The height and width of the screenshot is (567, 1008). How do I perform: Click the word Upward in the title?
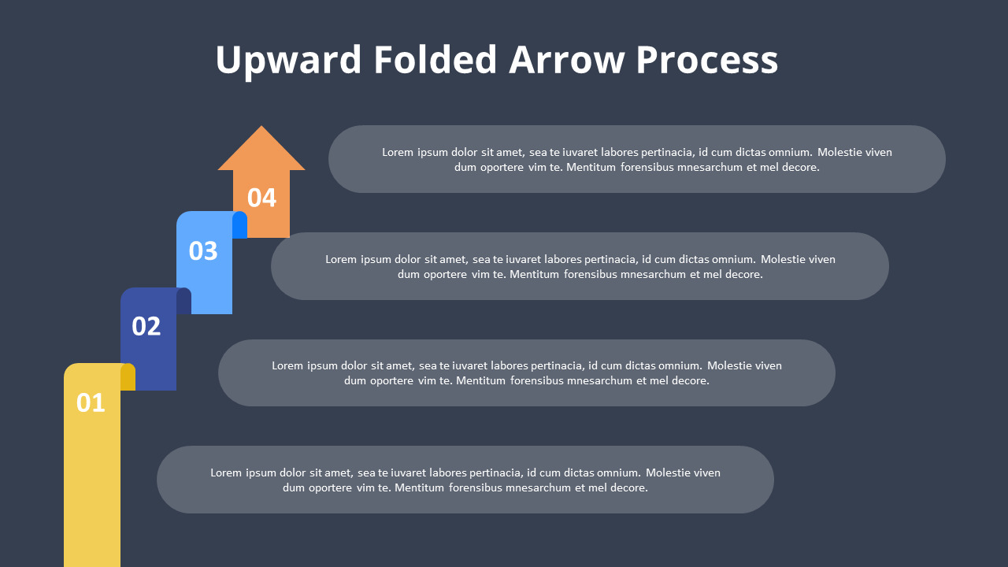[x=288, y=61]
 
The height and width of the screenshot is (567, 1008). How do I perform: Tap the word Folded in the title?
[x=435, y=61]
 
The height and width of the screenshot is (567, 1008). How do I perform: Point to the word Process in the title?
[x=706, y=61]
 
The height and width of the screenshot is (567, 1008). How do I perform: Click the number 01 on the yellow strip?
[x=91, y=403]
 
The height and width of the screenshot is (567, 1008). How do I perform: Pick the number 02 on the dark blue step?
[x=146, y=326]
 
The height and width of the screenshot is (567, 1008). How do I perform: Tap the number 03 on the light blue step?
[x=203, y=250]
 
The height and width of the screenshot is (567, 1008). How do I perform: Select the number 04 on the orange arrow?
[x=261, y=198]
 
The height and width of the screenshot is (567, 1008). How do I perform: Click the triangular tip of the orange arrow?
[x=261, y=150]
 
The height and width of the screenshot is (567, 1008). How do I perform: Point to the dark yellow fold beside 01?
[x=128, y=377]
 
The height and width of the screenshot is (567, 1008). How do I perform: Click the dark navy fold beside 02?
[x=183, y=301]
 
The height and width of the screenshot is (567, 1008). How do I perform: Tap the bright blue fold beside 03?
[x=239, y=225]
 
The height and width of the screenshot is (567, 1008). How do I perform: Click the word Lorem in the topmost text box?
[x=398, y=152]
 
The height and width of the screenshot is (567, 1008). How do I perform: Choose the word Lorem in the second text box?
[x=341, y=259]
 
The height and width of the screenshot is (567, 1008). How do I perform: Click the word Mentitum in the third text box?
[x=481, y=380]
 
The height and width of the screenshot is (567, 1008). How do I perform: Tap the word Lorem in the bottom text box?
[x=226, y=472]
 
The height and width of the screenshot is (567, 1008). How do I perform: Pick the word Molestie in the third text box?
[x=731, y=365]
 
